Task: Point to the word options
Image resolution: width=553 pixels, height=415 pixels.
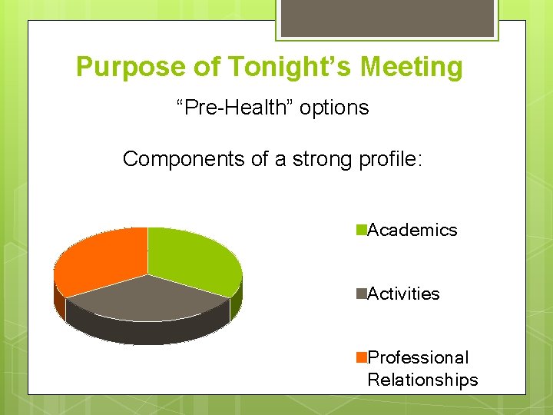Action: pyautogui.click(x=334, y=108)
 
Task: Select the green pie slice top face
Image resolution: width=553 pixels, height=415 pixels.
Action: pyautogui.click(x=192, y=257)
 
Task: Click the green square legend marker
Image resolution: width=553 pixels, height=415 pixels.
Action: pyautogui.click(x=361, y=230)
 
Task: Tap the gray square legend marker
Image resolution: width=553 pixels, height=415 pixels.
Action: pyautogui.click(x=361, y=294)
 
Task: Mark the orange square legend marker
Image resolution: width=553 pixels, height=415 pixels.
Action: pyautogui.click(x=361, y=357)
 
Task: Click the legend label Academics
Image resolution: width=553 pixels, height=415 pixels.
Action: pyautogui.click(x=412, y=231)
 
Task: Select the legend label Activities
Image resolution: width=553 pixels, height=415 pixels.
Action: pyautogui.click(x=404, y=294)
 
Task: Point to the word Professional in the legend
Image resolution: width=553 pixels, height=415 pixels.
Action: pyautogui.click(x=418, y=358)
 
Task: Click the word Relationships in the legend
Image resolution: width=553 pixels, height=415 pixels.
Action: pyautogui.click(x=422, y=380)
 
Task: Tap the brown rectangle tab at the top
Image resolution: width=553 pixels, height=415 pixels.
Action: pyautogui.click(x=387, y=18)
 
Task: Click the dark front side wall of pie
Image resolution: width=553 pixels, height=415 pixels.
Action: pyautogui.click(x=146, y=330)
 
